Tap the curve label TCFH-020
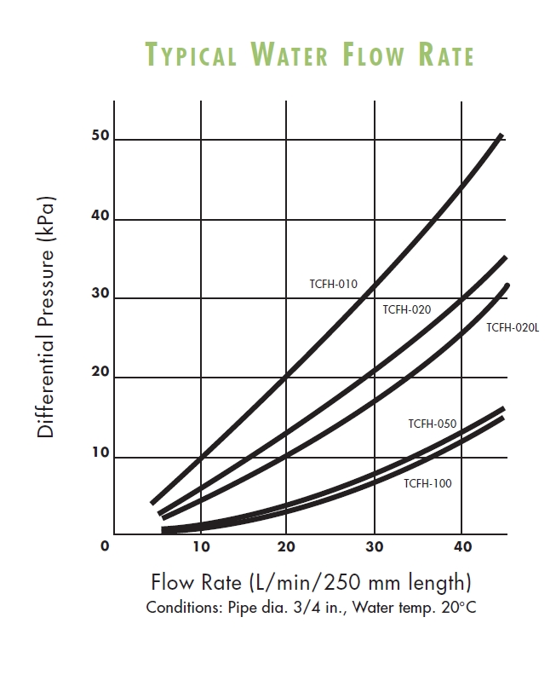click(x=407, y=309)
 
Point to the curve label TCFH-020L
click(x=513, y=327)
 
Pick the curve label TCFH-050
click(x=432, y=424)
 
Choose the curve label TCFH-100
click(x=427, y=483)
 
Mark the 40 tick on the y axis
click(x=100, y=216)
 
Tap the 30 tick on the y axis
click(x=100, y=295)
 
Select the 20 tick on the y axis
click(x=100, y=375)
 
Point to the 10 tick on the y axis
click(x=100, y=454)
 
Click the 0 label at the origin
click(x=105, y=546)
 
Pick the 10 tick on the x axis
click(x=200, y=546)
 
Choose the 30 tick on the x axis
click(x=374, y=546)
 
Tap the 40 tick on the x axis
click(x=461, y=546)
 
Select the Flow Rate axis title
click(x=311, y=583)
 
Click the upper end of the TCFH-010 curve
click(x=501, y=136)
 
